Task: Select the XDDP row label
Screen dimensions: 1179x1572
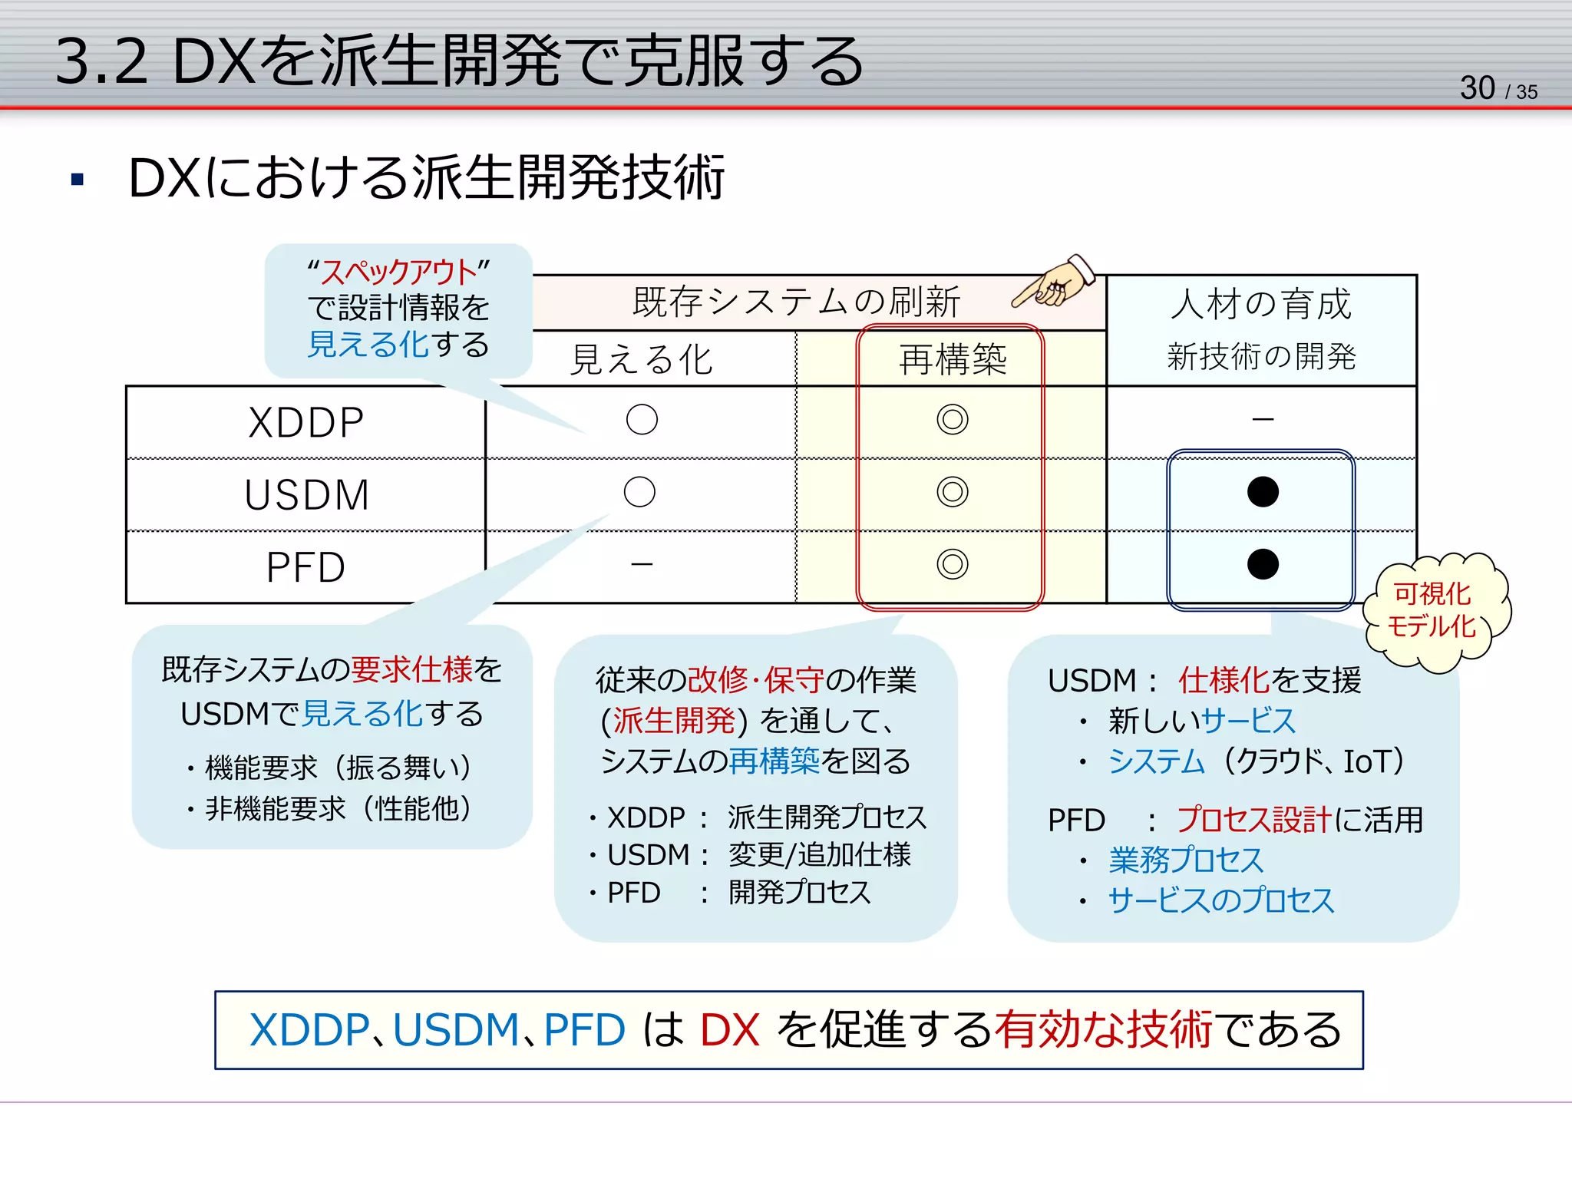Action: pos(306,422)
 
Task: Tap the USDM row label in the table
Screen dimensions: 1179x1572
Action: pos(307,495)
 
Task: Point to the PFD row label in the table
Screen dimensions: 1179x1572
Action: pos(305,567)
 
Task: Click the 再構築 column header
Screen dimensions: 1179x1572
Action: pos(952,359)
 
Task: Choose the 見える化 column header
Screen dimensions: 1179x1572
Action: pos(642,359)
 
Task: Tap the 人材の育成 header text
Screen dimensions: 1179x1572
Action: pos(1261,304)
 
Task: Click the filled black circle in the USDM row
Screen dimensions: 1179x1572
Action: pos(1263,492)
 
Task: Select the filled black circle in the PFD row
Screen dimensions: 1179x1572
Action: pos(1263,564)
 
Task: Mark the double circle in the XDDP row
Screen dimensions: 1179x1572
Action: pos(952,420)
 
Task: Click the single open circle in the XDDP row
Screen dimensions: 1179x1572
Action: pos(642,420)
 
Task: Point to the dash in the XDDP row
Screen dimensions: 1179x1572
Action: pos(1263,420)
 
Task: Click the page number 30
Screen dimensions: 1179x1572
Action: pos(1477,88)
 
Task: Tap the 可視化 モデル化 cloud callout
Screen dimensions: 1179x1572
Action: pos(1432,611)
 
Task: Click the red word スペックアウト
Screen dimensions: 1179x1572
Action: pos(398,272)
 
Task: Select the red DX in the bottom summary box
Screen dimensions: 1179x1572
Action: pos(729,1030)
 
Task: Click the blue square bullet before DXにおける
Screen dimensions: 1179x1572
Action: pos(77,180)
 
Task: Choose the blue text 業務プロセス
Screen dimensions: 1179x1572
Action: pos(1186,860)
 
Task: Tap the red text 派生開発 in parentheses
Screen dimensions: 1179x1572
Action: pos(674,720)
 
